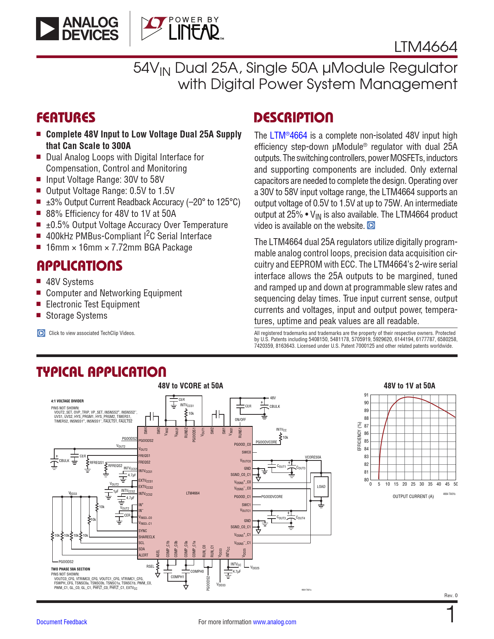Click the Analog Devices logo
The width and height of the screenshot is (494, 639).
[77, 29]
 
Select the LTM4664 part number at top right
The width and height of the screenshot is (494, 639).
[425, 47]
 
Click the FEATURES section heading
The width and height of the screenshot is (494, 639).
[66, 118]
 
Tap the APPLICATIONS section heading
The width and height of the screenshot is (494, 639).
[79, 266]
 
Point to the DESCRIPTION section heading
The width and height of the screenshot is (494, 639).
[293, 118]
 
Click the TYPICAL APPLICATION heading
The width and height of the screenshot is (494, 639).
[101, 372]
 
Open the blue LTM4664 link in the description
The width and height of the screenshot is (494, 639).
[288, 136]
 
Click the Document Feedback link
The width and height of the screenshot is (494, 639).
[62, 622]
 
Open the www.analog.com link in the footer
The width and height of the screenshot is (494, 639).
[274, 622]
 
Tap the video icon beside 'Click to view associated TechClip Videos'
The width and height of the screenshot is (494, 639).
[41, 333]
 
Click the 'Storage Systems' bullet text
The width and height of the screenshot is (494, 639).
[77, 316]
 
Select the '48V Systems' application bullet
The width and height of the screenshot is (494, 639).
[70, 282]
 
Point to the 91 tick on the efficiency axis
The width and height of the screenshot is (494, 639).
[367, 395]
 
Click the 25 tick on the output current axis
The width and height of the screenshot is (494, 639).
[413, 484]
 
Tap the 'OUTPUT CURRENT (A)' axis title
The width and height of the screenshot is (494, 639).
[413, 496]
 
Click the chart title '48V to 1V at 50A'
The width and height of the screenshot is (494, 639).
[409, 386]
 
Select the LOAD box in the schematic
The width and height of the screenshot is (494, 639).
[321, 487]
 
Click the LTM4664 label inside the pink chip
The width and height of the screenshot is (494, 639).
[193, 493]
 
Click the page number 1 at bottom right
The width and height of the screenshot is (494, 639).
[451, 615]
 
